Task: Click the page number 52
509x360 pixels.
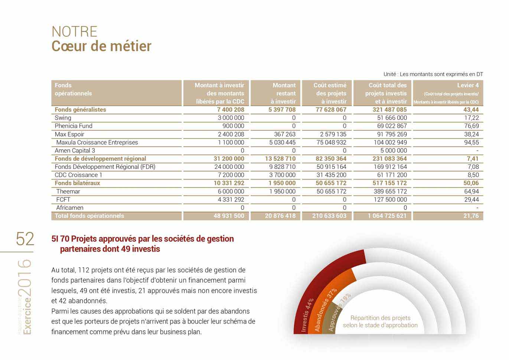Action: (x=25, y=239)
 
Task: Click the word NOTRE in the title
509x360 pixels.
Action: (x=74, y=32)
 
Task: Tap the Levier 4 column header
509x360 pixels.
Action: (x=467, y=85)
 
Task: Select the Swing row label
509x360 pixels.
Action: (x=63, y=118)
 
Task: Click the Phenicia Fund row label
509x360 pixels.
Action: (x=74, y=126)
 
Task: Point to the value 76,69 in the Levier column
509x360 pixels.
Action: (x=471, y=126)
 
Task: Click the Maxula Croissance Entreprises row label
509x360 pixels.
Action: (x=97, y=142)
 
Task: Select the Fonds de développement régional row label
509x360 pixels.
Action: (x=100, y=158)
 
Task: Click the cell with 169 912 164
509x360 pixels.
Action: (x=390, y=167)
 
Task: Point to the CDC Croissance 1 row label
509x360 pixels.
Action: (x=78, y=175)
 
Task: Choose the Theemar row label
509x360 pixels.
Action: (x=68, y=191)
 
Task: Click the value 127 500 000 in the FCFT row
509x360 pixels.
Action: (x=390, y=199)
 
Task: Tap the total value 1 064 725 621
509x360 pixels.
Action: (x=387, y=216)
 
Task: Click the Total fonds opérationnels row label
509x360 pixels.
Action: (x=89, y=216)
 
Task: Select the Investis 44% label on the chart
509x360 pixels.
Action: (x=307, y=315)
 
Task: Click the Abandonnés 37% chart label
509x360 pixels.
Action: (x=325, y=310)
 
